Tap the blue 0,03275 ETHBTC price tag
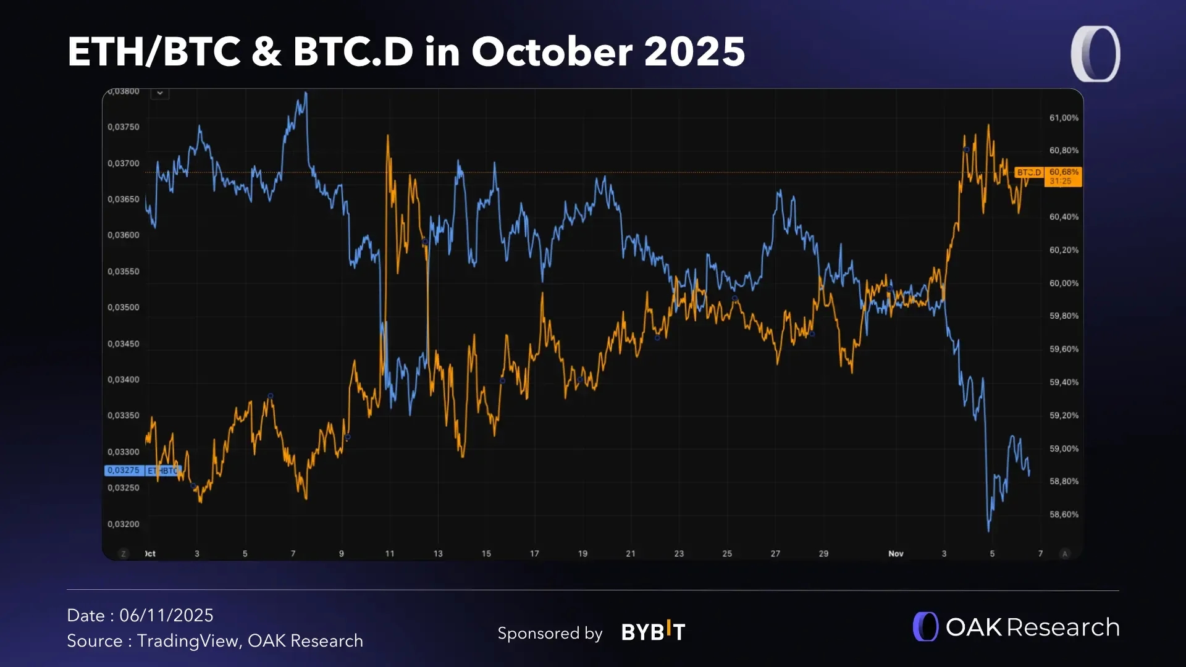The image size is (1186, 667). click(x=142, y=471)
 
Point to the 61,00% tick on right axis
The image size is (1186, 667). click(x=1064, y=118)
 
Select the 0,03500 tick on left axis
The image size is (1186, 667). click(x=124, y=308)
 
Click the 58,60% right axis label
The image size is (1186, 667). click(x=1064, y=514)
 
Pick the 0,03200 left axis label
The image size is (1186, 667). click(x=124, y=524)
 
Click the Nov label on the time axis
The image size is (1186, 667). click(x=896, y=554)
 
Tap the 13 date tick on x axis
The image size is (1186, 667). click(x=438, y=554)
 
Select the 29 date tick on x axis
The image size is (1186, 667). click(x=823, y=554)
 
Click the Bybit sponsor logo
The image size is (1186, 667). click(x=653, y=632)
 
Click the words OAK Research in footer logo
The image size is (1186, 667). click(x=1032, y=627)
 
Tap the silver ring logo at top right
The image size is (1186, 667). click(x=1095, y=54)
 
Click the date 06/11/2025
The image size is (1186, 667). click(x=166, y=616)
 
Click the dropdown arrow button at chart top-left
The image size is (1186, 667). click(x=160, y=93)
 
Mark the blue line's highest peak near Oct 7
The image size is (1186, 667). click(x=306, y=94)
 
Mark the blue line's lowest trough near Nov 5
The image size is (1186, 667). click(x=988, y=530)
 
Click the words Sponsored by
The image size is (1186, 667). click(x=550, y=634)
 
